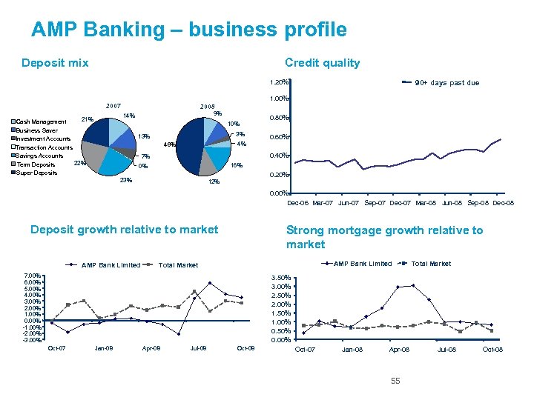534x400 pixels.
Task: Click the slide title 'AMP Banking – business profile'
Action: (188, 30)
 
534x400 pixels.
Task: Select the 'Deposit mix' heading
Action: (55, 63)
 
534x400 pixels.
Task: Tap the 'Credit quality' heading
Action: (322, 63)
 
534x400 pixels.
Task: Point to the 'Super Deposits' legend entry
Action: (36, 173)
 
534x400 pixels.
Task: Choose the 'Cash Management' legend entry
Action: (42, 121)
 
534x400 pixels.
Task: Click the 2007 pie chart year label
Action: (114, 105)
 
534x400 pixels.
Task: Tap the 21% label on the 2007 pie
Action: (87, 119)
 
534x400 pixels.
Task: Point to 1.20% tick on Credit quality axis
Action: (279, 82)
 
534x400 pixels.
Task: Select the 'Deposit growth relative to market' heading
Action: (124, 230)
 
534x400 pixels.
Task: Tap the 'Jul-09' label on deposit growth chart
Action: (199, 347)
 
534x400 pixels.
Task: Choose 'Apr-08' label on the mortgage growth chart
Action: (399, 349)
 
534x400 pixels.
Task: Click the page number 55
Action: (395, 381)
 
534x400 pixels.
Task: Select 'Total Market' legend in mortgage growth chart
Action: (430, 264)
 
